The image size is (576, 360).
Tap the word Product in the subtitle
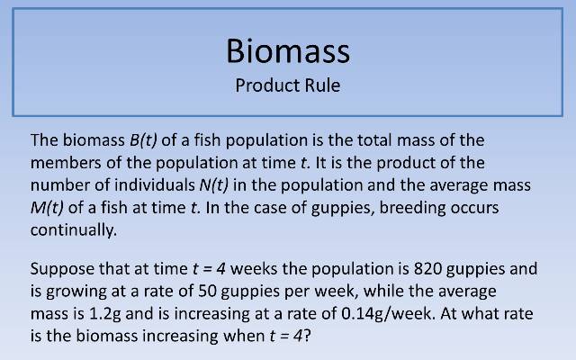[x=262, y=86]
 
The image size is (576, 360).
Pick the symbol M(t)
[x=48, y=207]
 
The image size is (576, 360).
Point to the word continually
[x=73, y=229]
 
